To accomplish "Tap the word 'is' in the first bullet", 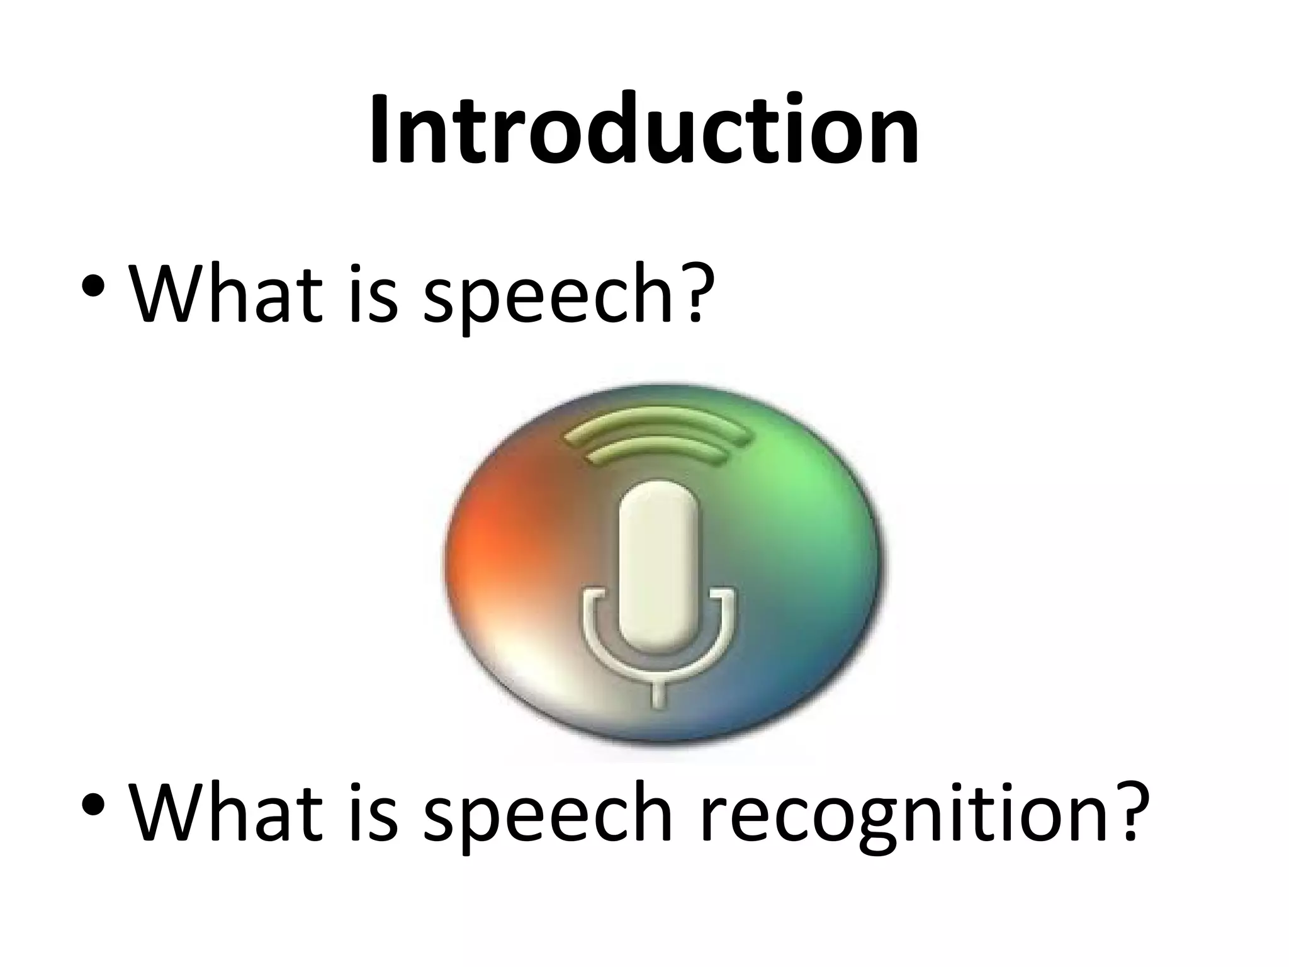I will point(371,291).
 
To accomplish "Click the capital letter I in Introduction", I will point(379,129).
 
